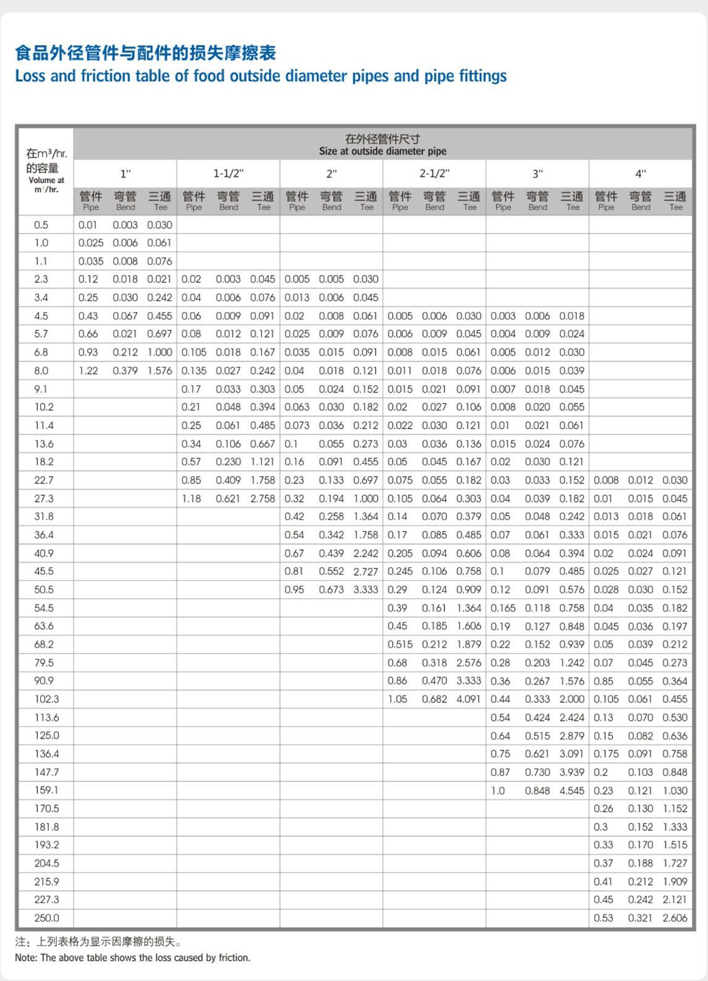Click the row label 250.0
click(46, 918)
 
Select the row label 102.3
click(46, 699)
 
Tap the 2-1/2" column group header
click(434, 174)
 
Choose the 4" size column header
click(641, 174)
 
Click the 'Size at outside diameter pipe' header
click(382, 151)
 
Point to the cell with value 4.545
click(571, 791)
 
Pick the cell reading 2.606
click(675, 918)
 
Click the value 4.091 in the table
click(468, 699)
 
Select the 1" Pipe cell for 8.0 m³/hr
click(88, 371)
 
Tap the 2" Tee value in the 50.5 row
click(365, 590)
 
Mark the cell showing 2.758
click(262, 498)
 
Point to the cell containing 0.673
click(331, 590)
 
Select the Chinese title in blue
click(145, 53)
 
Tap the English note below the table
click(132, 958)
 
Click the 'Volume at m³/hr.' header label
click(46, 185)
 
